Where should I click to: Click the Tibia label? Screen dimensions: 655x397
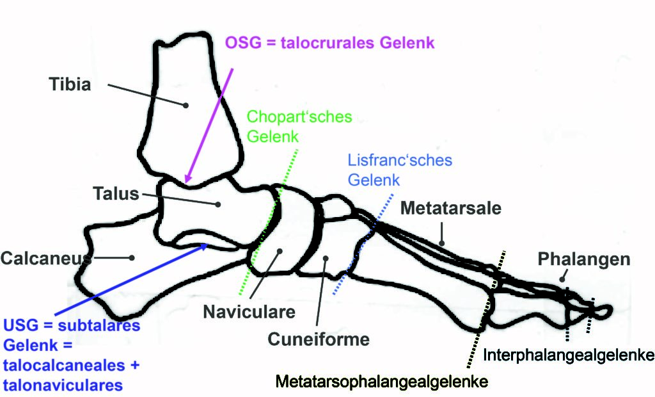pos(70,84)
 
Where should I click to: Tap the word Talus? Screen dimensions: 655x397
pos(116,193)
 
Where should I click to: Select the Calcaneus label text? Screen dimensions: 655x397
pos(46,258)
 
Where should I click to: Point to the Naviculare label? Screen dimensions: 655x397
pos(249,312)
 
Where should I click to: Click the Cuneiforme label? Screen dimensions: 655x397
pos(319,339)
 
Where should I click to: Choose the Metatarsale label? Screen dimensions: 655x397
pos(451,208)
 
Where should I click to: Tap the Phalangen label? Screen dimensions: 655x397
pos(583,259)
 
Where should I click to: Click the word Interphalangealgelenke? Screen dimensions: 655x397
pos(569,355)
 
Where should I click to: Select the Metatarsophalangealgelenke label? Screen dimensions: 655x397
pos(382,381)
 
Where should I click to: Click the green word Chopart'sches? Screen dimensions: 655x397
pos(299,117)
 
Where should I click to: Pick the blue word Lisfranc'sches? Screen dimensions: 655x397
pos(400,160)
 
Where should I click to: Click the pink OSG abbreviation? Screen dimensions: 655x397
pos(244,43)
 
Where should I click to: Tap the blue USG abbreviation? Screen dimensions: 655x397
pos(21,325)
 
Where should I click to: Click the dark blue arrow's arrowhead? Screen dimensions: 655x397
pos(203,247)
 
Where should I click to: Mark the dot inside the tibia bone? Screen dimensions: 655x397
pos(185,105)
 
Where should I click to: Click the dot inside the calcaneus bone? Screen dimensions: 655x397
pos(132,257)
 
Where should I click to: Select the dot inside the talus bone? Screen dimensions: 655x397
pos(217,204)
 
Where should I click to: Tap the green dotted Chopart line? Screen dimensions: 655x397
pos(268,222)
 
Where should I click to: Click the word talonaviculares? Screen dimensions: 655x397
pos(63,385)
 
